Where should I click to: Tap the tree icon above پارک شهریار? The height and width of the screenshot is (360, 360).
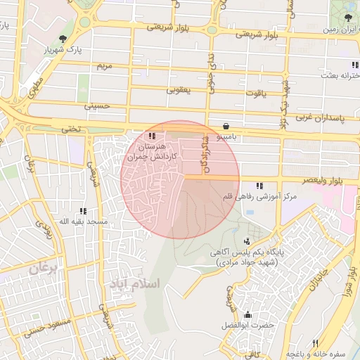tap(64, 38)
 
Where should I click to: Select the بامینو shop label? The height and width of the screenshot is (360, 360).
tap(226, 133)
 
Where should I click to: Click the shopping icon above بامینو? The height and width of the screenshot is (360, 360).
tap(225, 122)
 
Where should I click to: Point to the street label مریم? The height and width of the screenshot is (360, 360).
tap(103, 65)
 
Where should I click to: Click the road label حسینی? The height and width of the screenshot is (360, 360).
tap(98, 106)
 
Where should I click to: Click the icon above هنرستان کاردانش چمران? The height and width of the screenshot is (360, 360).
tap(153, 136)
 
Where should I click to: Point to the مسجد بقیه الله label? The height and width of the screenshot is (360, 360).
tap(83, 221)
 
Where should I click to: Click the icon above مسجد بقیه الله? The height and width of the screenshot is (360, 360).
tap(84, 210)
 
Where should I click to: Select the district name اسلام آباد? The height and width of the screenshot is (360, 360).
tap(134, 283)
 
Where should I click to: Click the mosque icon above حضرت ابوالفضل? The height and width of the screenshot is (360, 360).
tap(247, 314)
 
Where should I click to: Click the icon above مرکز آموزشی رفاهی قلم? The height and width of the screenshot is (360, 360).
tap(259, 186)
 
